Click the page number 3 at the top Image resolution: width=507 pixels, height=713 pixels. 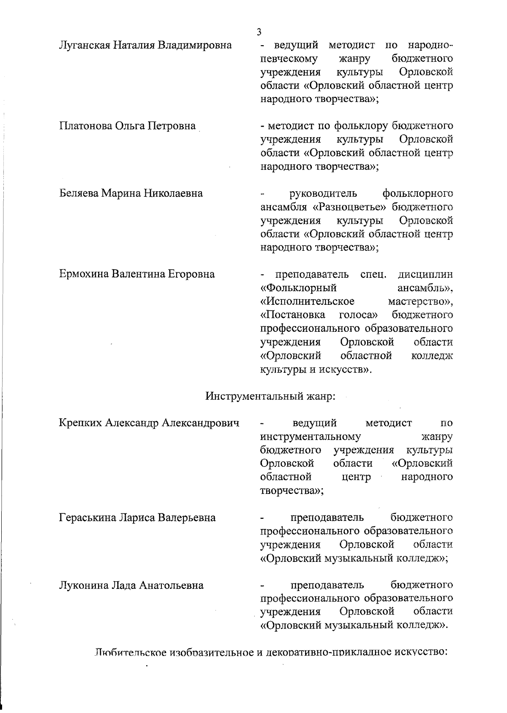(x=259, y=32)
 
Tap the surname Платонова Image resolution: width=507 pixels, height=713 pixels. (x=85, y=126)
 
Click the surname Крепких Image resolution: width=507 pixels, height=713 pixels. (x=80, y=423)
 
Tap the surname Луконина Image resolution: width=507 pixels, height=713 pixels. (x=83, y=586)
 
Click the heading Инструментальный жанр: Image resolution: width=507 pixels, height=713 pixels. (x=270, y=396)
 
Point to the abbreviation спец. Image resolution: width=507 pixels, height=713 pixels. (x=373, y=274)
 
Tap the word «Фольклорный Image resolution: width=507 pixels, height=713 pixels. (x=298, y=288)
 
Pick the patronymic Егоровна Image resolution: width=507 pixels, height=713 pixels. (x=191, y=274)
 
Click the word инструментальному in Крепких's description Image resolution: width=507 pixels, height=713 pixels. (x=311, y=436)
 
